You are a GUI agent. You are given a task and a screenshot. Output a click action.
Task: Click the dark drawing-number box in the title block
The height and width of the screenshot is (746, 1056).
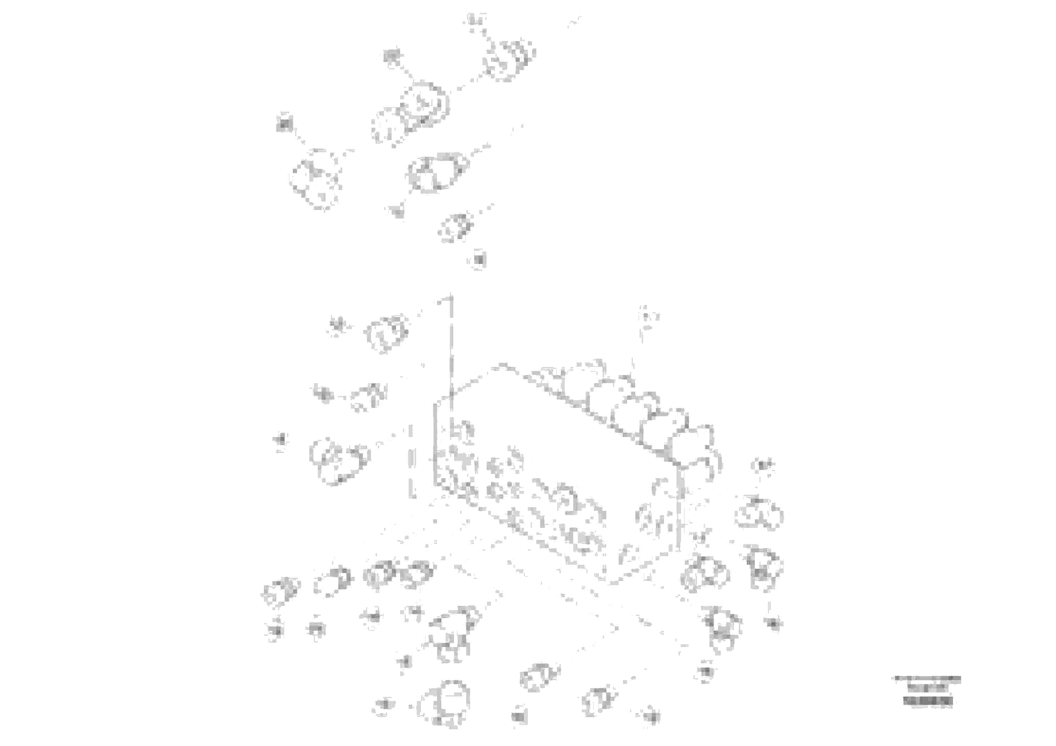tap(927, 701)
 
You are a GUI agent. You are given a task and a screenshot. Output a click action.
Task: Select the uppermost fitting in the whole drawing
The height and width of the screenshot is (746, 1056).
tap(510, 60)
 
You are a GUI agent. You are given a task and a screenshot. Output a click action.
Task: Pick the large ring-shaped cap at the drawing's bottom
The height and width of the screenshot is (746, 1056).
tap(444, 704)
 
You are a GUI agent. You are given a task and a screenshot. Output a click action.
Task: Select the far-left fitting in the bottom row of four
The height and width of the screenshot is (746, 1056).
tap(281, 591)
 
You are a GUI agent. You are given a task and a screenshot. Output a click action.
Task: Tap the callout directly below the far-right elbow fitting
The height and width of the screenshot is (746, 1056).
tap(774, 624)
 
